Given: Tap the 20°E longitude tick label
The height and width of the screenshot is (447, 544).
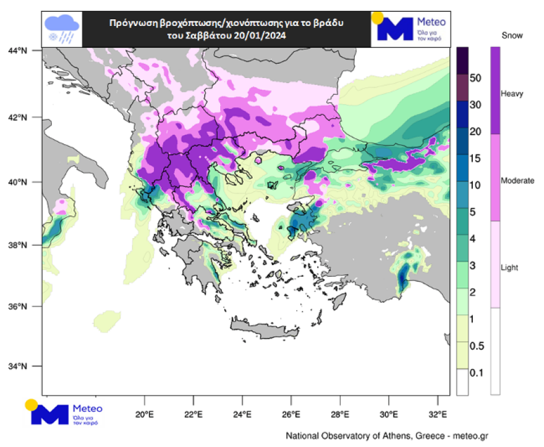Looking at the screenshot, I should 144,414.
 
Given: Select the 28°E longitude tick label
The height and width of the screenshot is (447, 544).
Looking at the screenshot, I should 339,414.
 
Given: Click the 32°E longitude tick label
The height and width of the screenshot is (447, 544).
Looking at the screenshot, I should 437,414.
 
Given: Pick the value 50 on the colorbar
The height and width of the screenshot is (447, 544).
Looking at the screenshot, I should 475,78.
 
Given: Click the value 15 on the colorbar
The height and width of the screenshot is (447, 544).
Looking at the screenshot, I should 475,158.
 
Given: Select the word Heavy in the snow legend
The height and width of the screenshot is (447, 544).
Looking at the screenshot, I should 512,93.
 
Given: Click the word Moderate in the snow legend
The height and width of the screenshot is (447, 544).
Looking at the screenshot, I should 517,180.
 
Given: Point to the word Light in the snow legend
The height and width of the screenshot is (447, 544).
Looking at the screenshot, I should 509,267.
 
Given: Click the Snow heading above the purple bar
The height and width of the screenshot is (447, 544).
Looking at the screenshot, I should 512,35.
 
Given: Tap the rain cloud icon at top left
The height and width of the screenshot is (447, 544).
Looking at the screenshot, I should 62,28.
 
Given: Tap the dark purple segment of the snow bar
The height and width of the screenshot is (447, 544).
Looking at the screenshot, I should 495,90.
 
